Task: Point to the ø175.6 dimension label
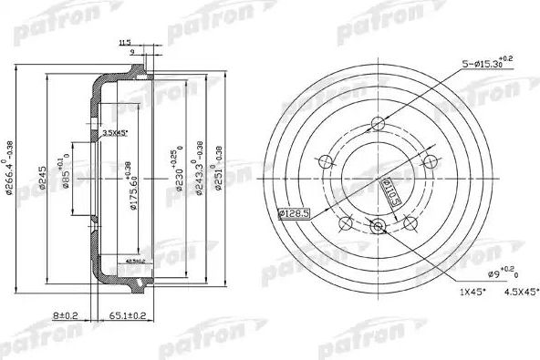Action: (133, 185)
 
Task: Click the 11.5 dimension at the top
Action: (125, 42)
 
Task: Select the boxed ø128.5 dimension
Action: (291, 214)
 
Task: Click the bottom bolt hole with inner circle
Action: (378, 226)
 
